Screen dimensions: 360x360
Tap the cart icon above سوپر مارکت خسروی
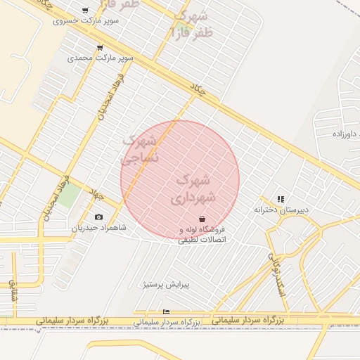85,11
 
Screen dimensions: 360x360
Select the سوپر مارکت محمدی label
99,58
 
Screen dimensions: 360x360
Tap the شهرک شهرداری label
191,189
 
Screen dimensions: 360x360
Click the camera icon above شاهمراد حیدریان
98,217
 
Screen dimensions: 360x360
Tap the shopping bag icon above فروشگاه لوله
202,219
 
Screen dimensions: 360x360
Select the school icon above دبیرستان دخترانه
281,199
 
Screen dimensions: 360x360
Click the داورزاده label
345,133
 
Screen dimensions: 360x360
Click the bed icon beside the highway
166,311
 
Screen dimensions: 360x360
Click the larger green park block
68,194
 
